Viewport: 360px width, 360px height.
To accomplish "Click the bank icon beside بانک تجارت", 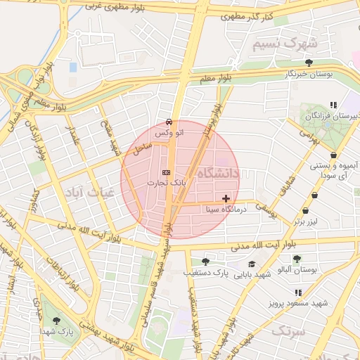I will click(166, 172).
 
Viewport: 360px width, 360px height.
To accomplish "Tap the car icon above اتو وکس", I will click(169, 122).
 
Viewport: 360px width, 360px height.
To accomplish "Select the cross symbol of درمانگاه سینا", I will click(225, 199).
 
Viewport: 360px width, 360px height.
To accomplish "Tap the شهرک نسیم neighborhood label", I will click(285, 44).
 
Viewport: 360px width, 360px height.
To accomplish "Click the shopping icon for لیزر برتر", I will click(305, 210).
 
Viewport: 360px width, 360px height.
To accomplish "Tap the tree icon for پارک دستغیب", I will click(205, 261).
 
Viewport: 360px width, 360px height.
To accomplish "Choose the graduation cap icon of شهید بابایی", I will click(252, 265).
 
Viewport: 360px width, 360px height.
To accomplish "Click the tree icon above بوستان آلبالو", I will click(297, 259).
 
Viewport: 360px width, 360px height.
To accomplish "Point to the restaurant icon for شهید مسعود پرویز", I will click(298, 292).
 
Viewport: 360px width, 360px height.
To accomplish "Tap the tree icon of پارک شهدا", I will click(56, 321).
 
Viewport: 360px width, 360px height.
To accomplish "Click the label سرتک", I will click(288, 330).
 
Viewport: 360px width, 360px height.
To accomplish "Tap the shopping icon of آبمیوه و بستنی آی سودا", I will click(333, 155).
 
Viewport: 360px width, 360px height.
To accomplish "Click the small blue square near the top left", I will click(73, 67).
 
